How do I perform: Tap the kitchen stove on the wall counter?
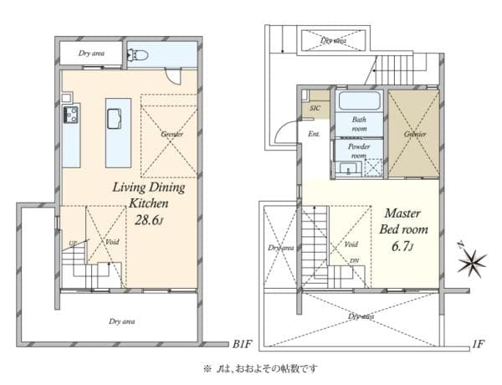point(69,114)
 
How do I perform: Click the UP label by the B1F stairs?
point(72,244)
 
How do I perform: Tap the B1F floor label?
point(243,344)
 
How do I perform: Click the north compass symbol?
point(472,263)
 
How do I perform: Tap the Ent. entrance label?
point(315,134)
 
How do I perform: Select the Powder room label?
point(359,151)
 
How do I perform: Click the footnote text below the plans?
point(260,368)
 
